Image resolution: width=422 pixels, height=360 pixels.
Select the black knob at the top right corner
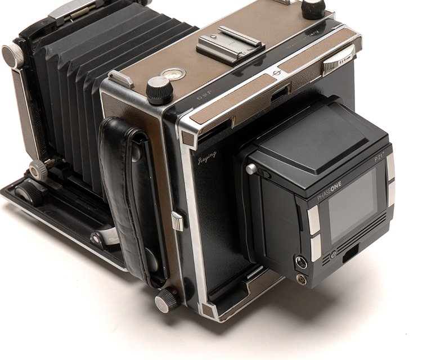313,8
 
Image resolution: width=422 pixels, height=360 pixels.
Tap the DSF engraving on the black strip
204,96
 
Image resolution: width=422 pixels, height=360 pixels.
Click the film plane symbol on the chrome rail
276,73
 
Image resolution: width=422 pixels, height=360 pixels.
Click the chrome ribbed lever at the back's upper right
338,60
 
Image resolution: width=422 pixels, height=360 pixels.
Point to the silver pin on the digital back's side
252,168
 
